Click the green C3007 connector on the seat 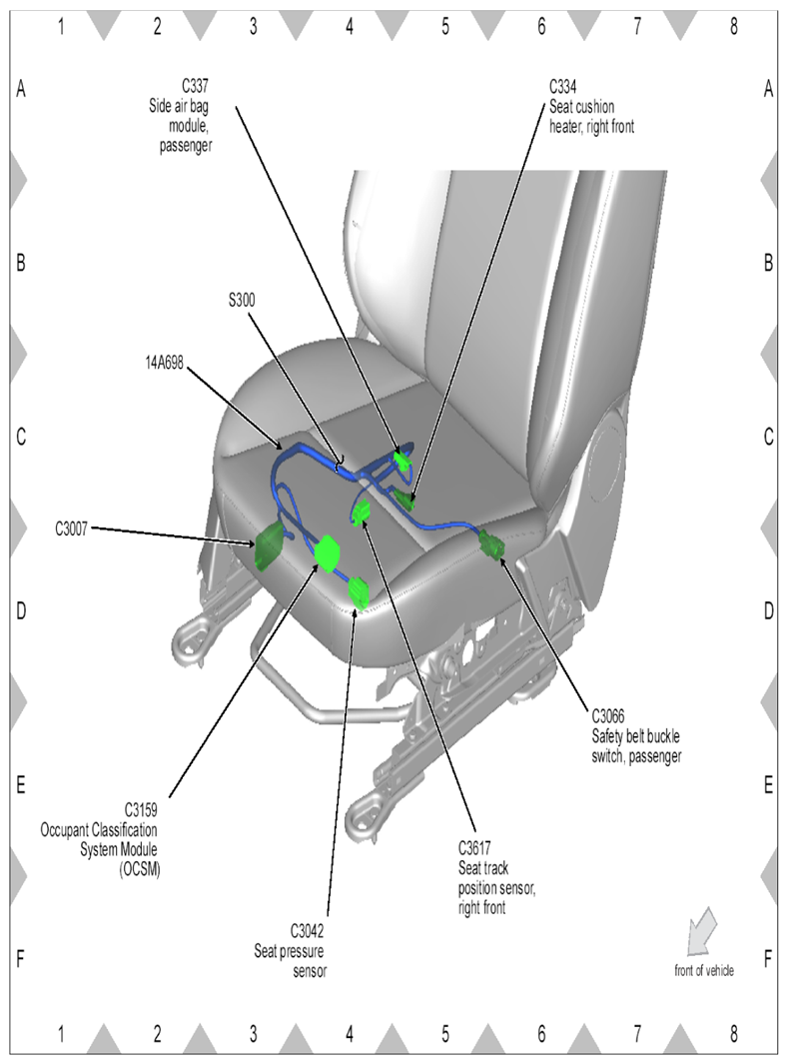tap(270, 545)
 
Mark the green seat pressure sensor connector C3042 tap(360, 593)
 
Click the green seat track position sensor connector tap(362, 515)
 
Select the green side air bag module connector tap(403, 461)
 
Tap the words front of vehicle tap(704, 969)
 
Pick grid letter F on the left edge tap(20, 959)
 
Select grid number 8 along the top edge tap(733, 27)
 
